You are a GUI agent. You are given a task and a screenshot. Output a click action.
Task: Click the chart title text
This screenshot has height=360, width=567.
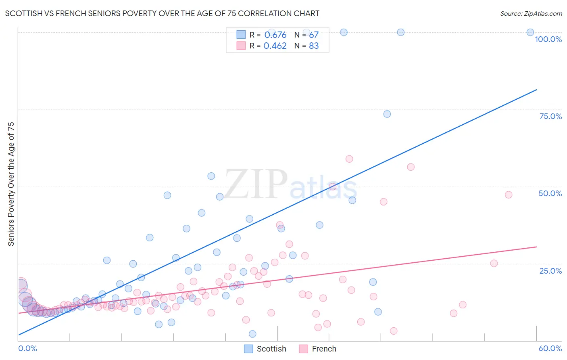point(162,13)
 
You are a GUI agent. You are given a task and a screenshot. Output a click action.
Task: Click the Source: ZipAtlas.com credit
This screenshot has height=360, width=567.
point(531,13)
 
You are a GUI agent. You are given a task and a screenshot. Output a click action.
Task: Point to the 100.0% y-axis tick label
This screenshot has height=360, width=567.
point(548,39)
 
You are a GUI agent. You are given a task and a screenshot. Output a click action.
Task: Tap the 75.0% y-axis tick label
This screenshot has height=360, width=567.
point(550,116)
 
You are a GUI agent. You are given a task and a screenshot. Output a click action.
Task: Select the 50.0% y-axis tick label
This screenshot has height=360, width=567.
point(550,193)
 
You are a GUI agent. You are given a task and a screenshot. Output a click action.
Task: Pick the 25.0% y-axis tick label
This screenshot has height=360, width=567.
point(550,270)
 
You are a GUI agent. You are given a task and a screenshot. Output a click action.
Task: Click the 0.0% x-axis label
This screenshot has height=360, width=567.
point(27,348)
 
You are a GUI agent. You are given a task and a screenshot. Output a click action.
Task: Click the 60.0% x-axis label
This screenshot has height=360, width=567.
point(550,348)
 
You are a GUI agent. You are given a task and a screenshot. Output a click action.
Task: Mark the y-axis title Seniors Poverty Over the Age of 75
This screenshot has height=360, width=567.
point(11,184)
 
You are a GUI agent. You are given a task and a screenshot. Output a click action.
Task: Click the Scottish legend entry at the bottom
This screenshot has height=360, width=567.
point(265,349)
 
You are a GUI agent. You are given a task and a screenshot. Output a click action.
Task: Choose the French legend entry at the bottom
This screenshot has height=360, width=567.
point(318,349)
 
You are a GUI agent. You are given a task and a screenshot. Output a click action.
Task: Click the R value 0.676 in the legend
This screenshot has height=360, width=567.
point(275,35)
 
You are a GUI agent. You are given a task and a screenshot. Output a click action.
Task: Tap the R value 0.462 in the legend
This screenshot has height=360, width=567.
point(275,46)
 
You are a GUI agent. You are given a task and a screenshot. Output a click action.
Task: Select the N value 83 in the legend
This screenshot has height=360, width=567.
point(314,46)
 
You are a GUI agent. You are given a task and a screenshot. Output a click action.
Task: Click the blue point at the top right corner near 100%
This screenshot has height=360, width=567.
point(530,32)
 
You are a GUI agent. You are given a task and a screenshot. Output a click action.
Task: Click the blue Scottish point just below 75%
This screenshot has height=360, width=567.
point(387,114)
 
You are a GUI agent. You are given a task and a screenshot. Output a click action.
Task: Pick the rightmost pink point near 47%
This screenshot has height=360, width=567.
point(509,195)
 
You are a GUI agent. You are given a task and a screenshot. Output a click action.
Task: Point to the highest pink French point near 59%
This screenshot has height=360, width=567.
point(349,159)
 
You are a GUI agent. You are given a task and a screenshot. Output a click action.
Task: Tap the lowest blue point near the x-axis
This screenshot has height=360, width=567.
point(252,334)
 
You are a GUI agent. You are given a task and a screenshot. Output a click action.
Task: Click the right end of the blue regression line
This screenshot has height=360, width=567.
point(536,90)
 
